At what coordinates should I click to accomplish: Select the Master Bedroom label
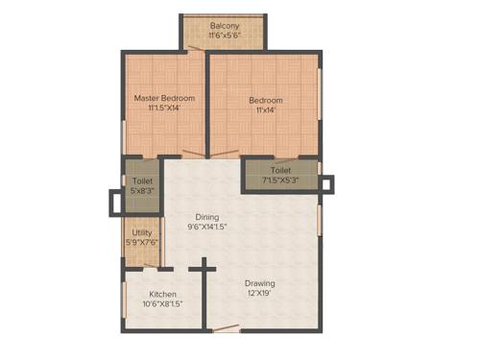click(x=164, y=98)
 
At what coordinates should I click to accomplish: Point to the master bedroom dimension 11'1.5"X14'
click(x=164, y=108)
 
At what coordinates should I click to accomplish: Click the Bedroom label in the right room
click(x=266, y=100)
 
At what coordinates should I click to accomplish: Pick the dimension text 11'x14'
click(x=266, y=110)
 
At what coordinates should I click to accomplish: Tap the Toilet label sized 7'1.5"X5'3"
click(x=280, y=170)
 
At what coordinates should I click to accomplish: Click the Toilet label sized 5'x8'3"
click(x=142, y=180)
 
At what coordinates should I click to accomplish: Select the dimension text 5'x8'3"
click(x=142, y=191)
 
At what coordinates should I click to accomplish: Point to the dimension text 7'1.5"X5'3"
click(x=280, y=180)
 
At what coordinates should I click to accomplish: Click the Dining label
click(x=206, y=216)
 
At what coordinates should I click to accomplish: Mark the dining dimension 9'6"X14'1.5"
click(x=206, y=228)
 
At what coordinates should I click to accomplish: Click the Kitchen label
click(x=162, y=295)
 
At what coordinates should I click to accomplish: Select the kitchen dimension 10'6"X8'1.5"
click(x=162, y=305)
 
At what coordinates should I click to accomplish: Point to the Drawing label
click(x=259, y=283)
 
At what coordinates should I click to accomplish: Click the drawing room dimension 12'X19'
click(x=259, y=295)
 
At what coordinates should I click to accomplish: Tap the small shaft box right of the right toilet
click(x=327, y=182)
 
